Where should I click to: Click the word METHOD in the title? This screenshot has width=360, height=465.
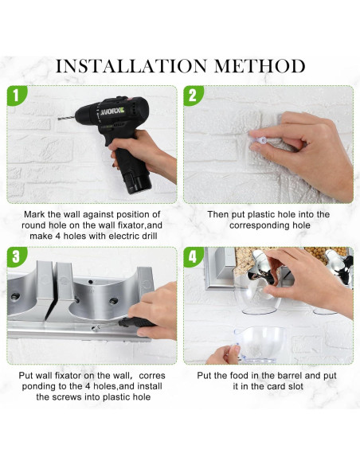tap(260, 66)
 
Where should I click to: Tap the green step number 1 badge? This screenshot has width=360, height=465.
tap(16, 96)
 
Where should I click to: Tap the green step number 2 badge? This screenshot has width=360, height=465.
tap(193, 96)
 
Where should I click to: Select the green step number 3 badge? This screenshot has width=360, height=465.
tap(16, 256)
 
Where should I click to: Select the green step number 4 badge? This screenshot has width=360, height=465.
tap(193, 256)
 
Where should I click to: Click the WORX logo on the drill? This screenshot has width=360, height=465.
tap(112, 112)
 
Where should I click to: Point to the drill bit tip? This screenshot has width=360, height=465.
tap(59, 119)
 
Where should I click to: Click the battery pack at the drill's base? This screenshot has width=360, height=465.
tap(138, 182)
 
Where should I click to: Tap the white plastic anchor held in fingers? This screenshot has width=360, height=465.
tap(260, 139)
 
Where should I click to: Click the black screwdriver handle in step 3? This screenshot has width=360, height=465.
tap(136, 322)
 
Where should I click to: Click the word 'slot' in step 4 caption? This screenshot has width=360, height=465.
tap(295, 386)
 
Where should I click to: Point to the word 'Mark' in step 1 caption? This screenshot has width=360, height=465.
tap(34, 214)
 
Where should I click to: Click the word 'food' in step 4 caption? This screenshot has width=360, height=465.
tap(239, 376)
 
